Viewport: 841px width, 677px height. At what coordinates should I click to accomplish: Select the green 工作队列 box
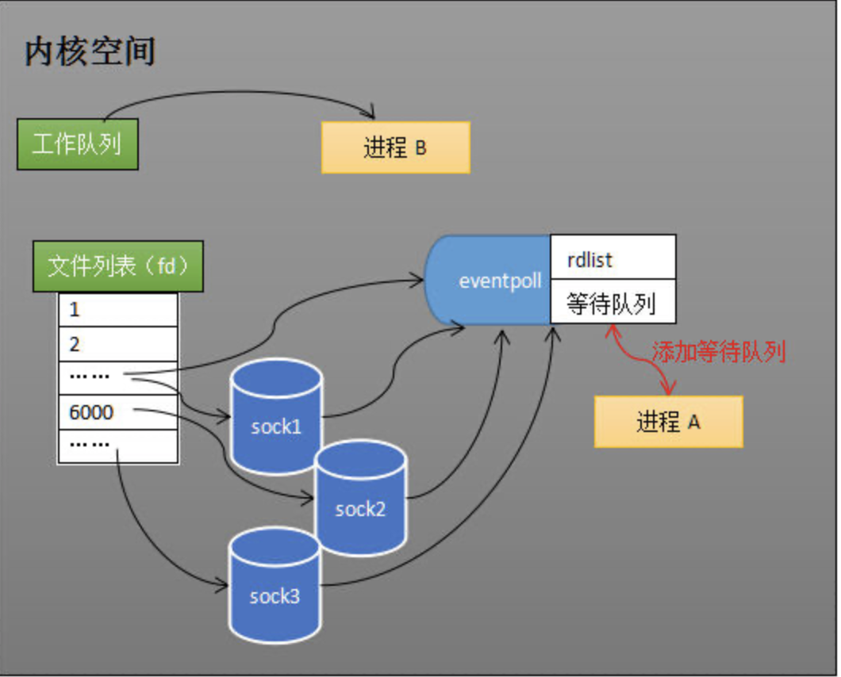[78, 144]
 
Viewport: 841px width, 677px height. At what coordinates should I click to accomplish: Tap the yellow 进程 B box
[395, 147]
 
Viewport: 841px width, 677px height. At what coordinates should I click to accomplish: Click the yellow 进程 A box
[668, 422]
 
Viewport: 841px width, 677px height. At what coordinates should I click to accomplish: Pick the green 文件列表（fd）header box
[118, 266]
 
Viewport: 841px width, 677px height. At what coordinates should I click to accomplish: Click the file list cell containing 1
[117, 310]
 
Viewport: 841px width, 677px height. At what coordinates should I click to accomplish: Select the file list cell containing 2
[117, 344]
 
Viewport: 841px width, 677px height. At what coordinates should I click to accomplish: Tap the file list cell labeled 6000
[117, 412]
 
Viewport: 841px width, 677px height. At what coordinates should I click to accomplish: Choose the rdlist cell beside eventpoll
[613, 258]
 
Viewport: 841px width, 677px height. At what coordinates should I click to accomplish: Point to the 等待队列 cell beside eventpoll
[613, 302]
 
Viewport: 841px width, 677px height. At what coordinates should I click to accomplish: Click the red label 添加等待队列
[718, 352]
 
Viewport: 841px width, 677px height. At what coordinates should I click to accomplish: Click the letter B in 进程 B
[420, 148]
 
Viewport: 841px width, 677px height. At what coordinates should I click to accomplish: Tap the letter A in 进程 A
[693, 423]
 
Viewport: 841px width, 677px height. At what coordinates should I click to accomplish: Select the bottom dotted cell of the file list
[117, 446]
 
